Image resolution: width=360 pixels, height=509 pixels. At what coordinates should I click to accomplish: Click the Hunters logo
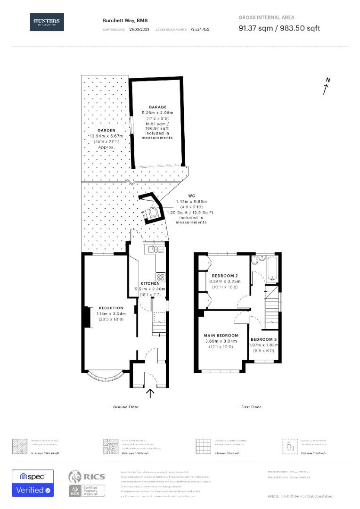[x=47, y=22]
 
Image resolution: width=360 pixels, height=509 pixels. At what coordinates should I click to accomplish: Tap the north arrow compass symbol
[x=326, y=87]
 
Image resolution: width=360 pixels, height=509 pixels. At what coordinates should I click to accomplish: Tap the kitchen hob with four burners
[x=160, y=277]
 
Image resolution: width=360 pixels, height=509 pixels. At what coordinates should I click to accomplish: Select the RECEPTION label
[x=111, y=308]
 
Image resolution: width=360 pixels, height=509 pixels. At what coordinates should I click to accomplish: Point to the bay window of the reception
[x=105, y=377]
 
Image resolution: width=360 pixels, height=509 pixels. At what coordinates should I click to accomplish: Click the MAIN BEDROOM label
[x=221, y=335]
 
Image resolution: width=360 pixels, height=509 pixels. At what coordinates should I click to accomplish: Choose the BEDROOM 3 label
[x=264, y=339]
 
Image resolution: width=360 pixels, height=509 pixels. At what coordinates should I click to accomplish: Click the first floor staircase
[x=271, y=309]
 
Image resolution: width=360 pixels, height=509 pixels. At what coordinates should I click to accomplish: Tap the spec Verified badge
[x=33, y=483]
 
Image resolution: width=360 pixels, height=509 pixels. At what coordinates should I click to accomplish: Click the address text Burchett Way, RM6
[x=119, y=20]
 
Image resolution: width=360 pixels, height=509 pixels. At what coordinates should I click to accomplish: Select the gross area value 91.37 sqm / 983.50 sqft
[x=279, y=28]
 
